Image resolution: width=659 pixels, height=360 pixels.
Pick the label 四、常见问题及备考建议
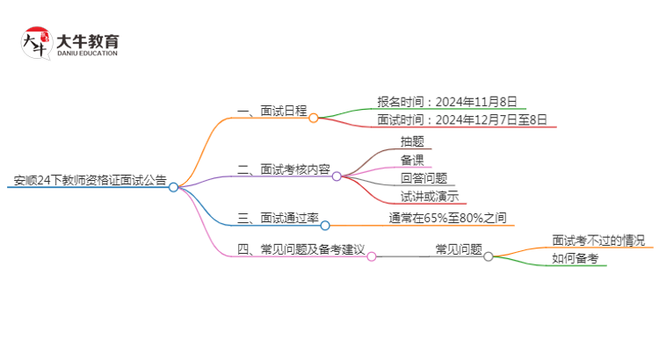[301, 250]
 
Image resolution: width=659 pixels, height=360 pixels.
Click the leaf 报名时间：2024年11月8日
[446, 102]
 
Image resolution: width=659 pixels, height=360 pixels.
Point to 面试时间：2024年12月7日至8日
[466, 120]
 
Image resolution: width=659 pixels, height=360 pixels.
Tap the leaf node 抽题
[412, 140]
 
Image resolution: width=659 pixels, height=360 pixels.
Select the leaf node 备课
[412, 159]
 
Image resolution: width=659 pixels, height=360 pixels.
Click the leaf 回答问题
[424, 178]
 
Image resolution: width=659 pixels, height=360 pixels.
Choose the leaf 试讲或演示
[429, 197]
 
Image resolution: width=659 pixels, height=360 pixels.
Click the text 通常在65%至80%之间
[447, 218]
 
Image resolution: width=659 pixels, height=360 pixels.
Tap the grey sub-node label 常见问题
[459, 249]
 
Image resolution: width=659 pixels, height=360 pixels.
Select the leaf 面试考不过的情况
[597, 240]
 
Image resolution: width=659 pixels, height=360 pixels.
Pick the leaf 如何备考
[575, 258]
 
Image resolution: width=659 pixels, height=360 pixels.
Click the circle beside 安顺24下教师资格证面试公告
[173, 186]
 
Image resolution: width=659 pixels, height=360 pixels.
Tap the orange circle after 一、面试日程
[314, 117]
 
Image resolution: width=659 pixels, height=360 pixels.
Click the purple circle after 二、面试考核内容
[337, 176]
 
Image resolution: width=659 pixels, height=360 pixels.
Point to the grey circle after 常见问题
[489, 256]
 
